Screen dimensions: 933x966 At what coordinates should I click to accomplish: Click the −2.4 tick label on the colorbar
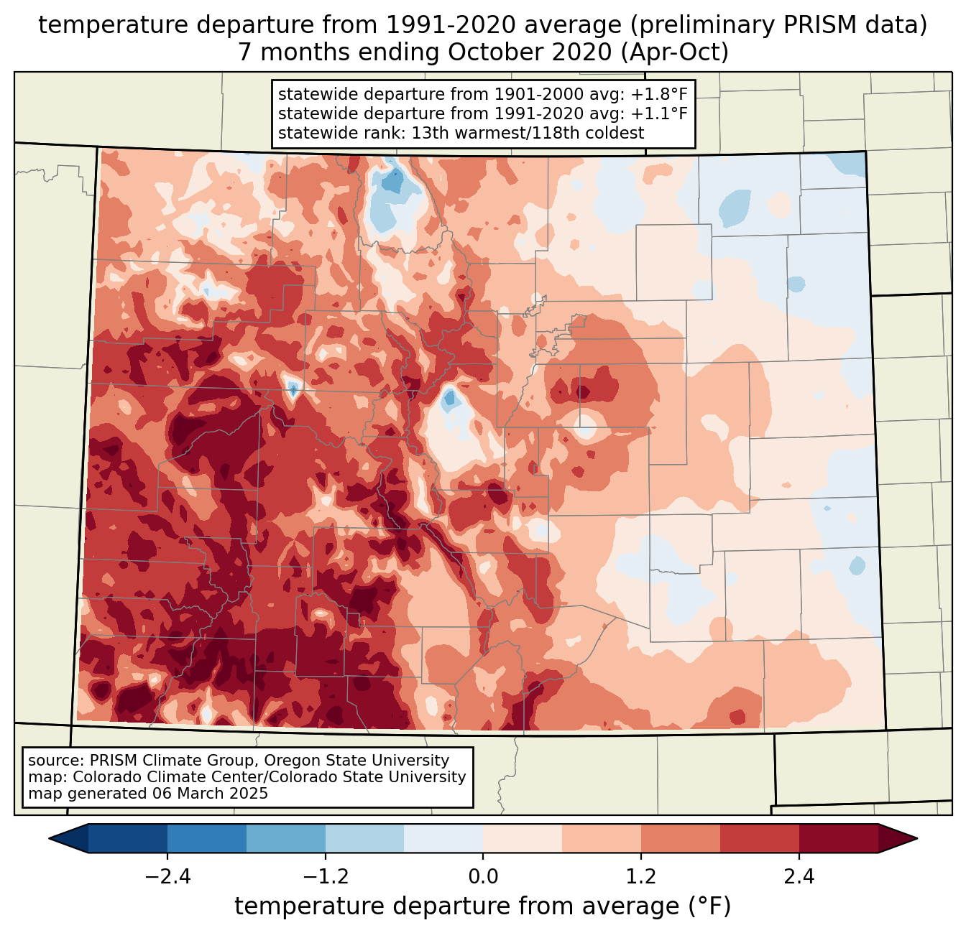click(167, 877)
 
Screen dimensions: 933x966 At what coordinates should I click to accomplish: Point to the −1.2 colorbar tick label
click(325, 877)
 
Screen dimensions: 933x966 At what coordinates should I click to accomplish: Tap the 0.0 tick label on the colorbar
click(483, 877)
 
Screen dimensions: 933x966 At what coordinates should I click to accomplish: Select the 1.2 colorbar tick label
click(641, 877)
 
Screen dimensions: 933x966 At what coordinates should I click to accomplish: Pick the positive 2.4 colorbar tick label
click(799, 877)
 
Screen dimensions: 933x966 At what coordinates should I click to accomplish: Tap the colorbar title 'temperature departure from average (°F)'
click(483, 906)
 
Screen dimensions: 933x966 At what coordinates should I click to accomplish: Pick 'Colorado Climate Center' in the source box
click(155, 777)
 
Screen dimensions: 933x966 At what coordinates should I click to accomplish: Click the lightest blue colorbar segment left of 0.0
click(443, 838)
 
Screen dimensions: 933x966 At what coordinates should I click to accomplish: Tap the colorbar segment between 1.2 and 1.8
click(681, 838)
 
